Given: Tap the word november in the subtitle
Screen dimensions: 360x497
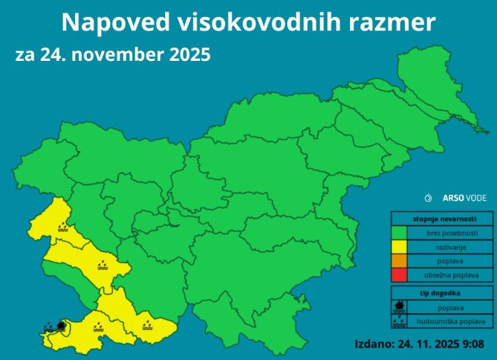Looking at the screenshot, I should click(x=116, y=55).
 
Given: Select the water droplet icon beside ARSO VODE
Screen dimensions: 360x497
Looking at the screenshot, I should click(x=428, y=197).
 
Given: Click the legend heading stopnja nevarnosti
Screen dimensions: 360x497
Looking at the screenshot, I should click(x=442, y=219).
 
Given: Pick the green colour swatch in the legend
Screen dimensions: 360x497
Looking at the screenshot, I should click(x=398, y=232).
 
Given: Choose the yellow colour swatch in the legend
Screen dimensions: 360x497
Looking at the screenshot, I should click(x=398, y=247).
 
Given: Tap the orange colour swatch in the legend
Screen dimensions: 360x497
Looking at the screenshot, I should click(x=398, y=261).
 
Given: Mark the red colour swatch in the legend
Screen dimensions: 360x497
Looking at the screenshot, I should click(x=398, y=275).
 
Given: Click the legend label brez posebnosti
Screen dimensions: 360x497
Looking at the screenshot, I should click(x=451, y=232).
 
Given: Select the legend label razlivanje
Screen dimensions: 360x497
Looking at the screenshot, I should click(x=451, y=247).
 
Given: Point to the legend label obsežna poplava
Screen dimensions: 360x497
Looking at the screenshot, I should click(x=451, y=275).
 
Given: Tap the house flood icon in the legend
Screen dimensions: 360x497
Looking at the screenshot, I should click(x=399, y=307).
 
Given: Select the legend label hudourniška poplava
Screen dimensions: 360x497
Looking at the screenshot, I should click(x=451, y=321).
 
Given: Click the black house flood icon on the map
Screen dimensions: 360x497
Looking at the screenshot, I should click(x=61, y=325).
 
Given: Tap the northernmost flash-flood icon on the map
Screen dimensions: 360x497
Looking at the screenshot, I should click(x=62, y=227).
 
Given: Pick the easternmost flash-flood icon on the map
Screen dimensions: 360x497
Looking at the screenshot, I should click(x=148, y=319).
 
